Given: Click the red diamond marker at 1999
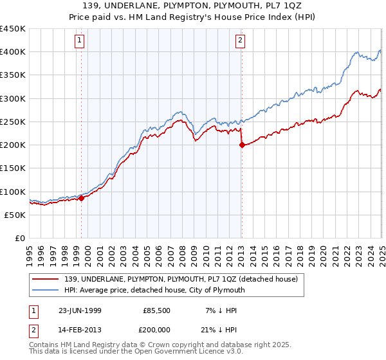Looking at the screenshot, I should [x=82, y=199].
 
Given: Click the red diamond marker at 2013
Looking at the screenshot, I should [x=242, y=145].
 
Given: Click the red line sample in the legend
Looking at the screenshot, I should [x=46, y=279].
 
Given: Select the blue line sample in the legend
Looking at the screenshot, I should [x=46, y=290].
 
